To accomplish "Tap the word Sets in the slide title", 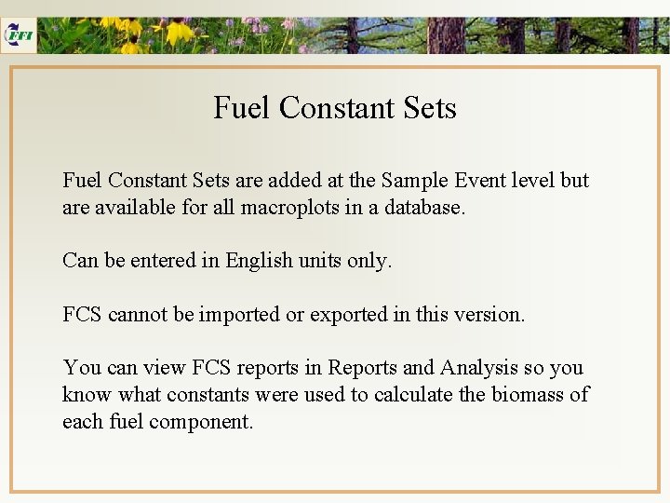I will [430, 108].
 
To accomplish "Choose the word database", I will [422, 207].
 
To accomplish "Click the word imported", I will [239, 315].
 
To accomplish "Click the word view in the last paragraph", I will [161, 368].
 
